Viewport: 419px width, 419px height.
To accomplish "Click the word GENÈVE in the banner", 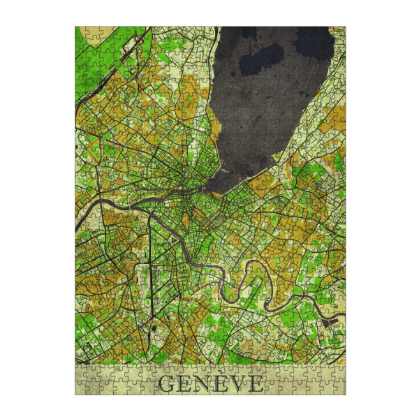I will click(211, 383).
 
